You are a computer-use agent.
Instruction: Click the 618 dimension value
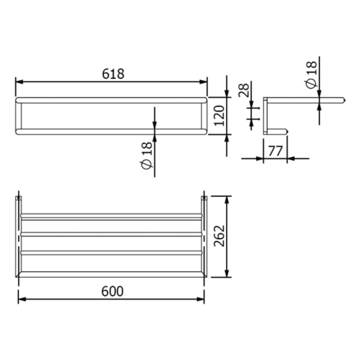click(x=113, y=74)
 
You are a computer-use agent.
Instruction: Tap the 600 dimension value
click(x=113, y=291)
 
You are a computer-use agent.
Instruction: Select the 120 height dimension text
click(x=219, y=116)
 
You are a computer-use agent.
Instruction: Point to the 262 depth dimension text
click(x=220, y=236)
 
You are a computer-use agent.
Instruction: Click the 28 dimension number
click(x=245, y=92)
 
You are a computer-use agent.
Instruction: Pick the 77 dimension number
click(x=275, y=151)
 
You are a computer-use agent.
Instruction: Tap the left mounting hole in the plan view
click(x=19, y=198)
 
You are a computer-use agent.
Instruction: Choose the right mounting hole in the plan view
click(x=204, y=198)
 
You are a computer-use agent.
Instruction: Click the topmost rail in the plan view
click(x=111, y=215)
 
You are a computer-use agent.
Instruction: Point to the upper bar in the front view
click(x=111, y=100)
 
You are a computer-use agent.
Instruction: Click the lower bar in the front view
click(x=111, y=132)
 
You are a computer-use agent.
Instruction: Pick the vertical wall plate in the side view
click(x=265, y=116)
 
